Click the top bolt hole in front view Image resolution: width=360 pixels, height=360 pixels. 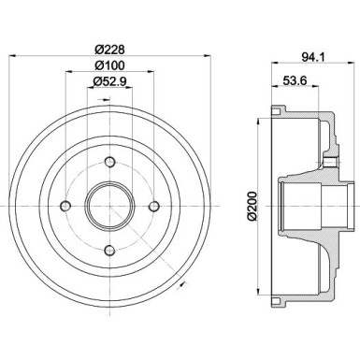[x=108, y=163]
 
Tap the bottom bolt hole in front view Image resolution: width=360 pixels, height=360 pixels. [x=108, y=248]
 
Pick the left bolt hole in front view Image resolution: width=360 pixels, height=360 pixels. [x=66, y=206]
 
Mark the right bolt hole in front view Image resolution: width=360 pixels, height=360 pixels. [x=151, y=206]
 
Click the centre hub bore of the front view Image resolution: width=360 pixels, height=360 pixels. [x=108, y=206]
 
